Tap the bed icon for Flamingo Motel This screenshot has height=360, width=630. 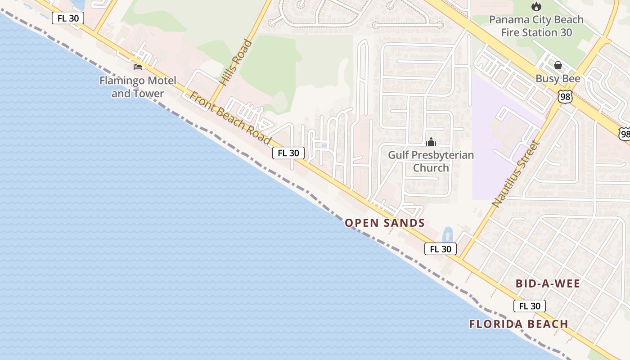138,67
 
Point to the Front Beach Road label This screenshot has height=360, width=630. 230,118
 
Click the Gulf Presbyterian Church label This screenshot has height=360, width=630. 431,161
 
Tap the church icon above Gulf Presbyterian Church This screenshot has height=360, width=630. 431,142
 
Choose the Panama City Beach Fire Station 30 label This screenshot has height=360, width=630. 536,26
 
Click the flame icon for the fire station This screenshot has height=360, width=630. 536,6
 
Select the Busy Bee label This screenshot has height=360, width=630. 558,79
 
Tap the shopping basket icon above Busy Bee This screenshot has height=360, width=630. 558,65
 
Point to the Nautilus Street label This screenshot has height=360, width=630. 516,174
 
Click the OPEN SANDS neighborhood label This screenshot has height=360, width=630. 385,223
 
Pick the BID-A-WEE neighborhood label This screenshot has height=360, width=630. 548,283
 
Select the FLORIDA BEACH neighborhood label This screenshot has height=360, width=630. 518,324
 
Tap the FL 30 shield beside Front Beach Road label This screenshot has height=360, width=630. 288,153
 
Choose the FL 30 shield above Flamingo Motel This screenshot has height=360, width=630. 68,18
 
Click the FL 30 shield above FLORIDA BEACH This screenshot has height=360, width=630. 530,306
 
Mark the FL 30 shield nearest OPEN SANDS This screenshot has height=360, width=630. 441,249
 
